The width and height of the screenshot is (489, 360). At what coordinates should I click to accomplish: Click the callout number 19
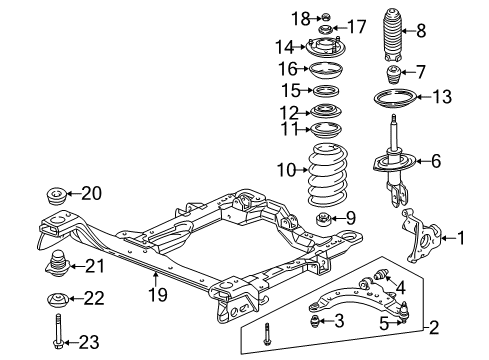click(158, 295)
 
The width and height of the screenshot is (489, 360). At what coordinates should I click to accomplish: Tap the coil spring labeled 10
click(327, 174)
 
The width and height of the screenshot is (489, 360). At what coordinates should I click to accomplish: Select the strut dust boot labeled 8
click(392, 36)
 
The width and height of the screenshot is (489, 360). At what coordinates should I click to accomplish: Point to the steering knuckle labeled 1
click(421, 236)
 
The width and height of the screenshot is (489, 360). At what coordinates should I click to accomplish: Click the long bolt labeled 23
click(58, 332)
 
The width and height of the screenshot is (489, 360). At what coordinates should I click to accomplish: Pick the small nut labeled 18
click(326, 16)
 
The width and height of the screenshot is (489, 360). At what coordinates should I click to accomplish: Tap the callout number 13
click(442, 97)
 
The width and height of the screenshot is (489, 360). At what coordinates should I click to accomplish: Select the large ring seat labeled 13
click(394, 98)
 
